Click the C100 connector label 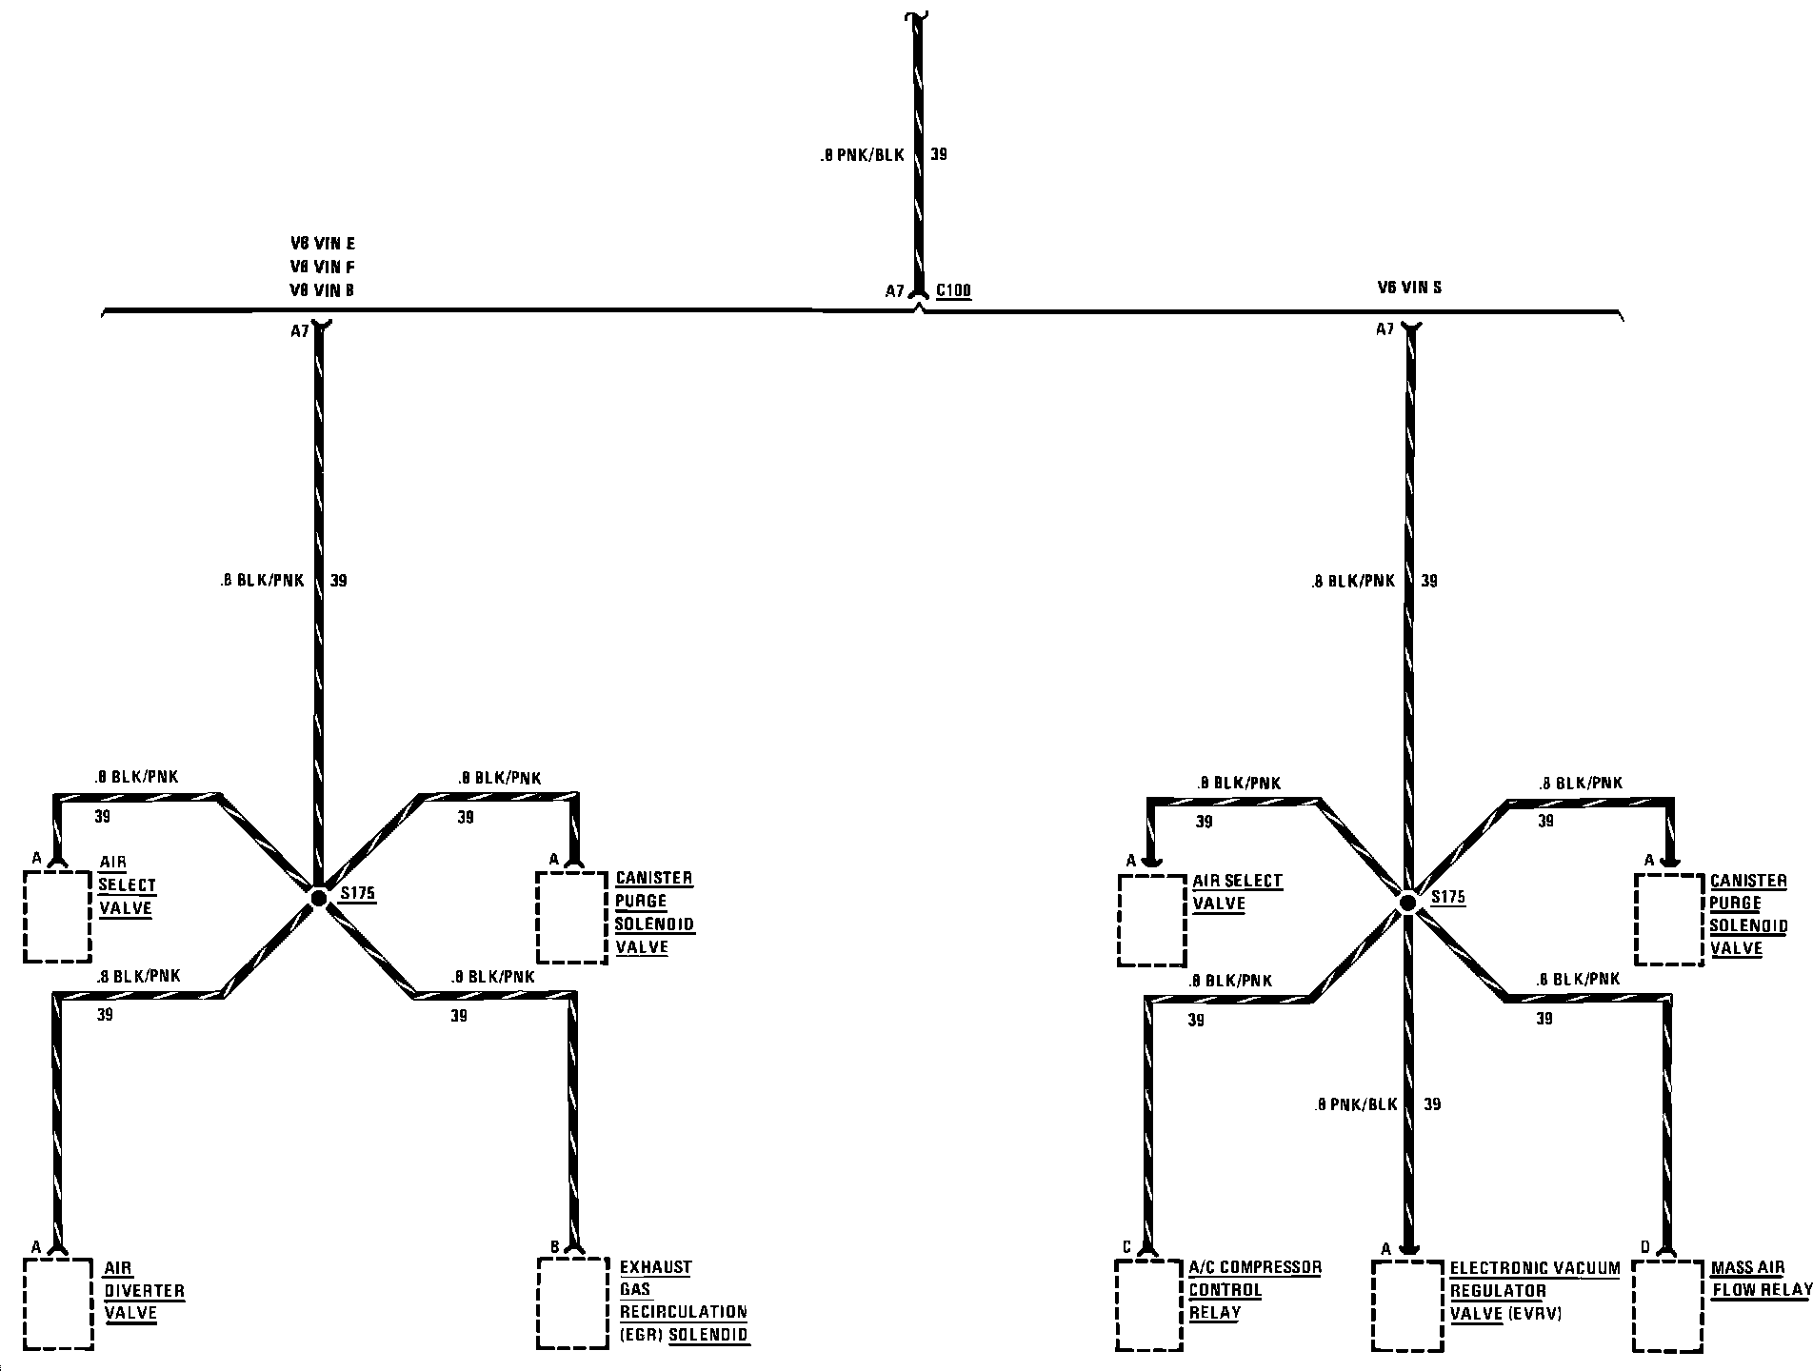point(953,290)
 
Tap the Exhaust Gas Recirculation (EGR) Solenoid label point(684,1301)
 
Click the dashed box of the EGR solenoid point(572,1302)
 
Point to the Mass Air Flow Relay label point(1760,1279)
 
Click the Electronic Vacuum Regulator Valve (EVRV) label point(1533,1290)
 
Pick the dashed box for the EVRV point(1407,1305)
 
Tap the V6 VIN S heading point(1409,288)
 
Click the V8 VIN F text point(323,267)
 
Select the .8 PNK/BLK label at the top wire point(862,154)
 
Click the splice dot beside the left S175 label point(318,897)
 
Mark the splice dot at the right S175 point(1406,902)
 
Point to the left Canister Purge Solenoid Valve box point(571,916)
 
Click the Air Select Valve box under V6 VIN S point(1151,920)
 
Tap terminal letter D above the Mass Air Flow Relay point(1644,1246)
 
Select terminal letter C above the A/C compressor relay point(1126,1246)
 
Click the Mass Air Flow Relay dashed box point(1667,1305)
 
